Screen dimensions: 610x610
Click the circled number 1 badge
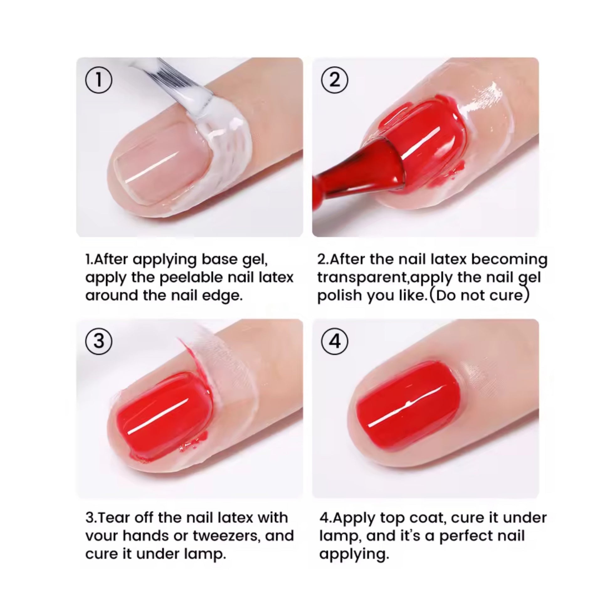[98, 80]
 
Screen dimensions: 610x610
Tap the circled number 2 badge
[335, 80]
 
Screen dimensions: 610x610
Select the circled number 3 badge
[98, 341]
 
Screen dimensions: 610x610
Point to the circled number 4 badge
[335, 341]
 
